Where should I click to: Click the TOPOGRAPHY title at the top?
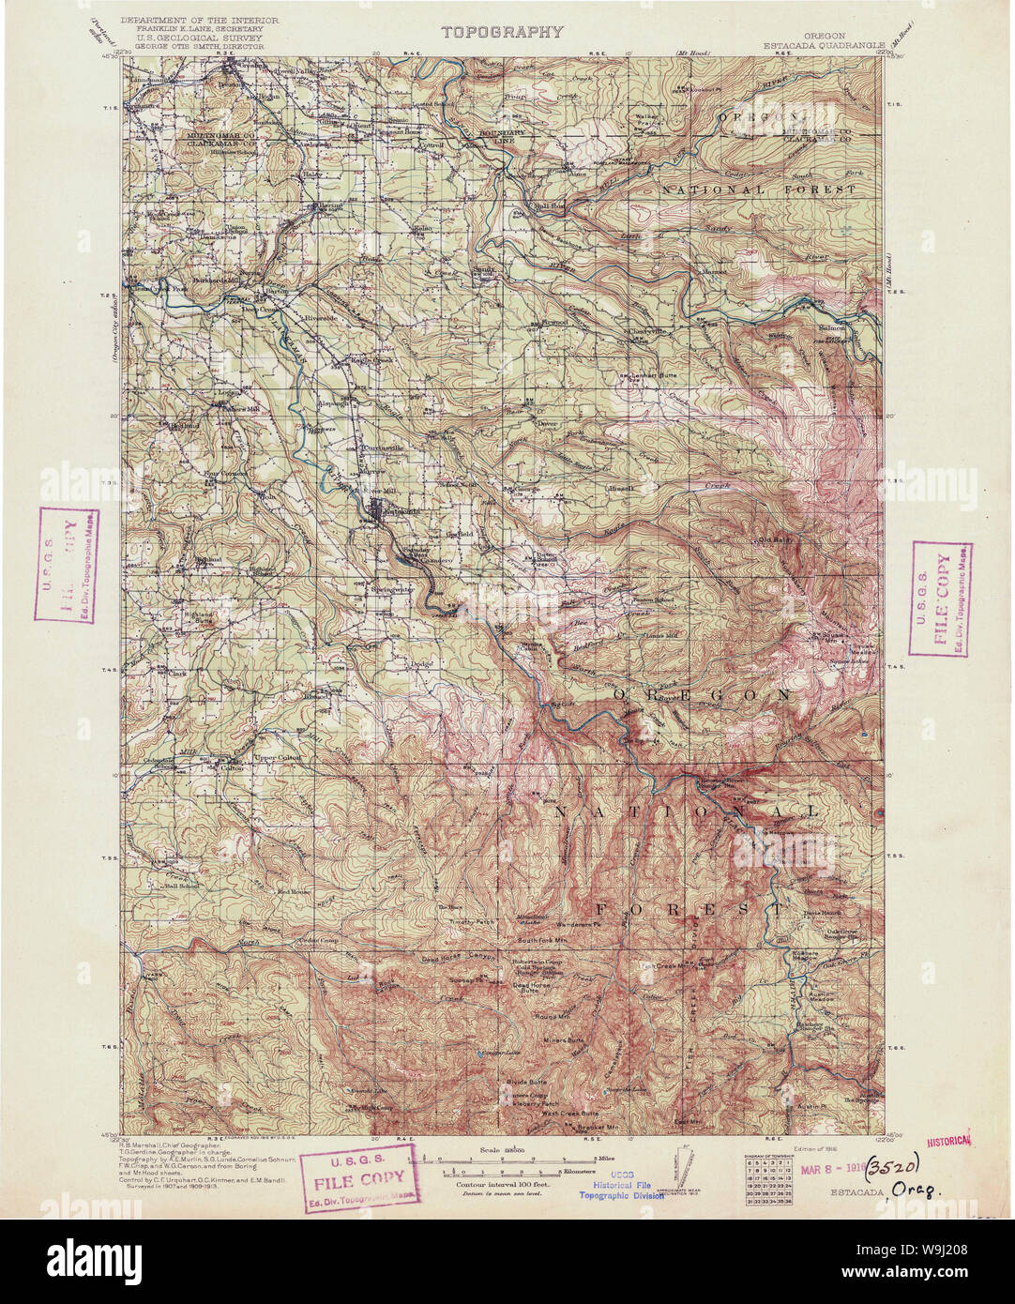point(503,32)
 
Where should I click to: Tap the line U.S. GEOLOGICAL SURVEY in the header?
point(199,38)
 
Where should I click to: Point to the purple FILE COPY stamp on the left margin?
point(67,565)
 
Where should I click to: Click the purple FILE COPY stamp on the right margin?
point(941,599)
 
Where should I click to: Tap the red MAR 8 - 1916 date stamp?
point(829,1171)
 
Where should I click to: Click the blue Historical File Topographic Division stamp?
point(621,1188)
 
